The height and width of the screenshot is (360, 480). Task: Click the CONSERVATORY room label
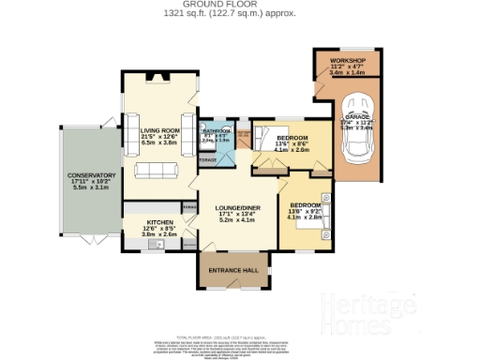click(x=91, y=175)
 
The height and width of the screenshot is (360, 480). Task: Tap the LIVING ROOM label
click(x=158, y=131)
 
